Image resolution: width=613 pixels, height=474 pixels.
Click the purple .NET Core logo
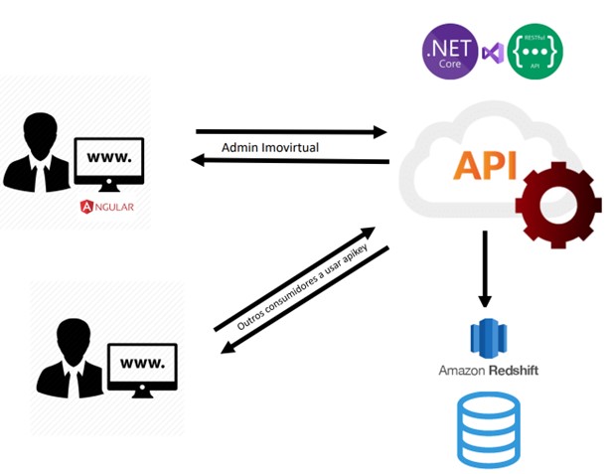pos(448,53)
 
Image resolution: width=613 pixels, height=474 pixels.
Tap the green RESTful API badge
pos(536,54)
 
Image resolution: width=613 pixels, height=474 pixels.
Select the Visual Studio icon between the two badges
pos(492,53)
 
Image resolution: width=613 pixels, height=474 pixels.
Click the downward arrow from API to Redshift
pos(485,268)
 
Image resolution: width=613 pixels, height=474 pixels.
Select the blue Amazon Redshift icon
pos(488,338)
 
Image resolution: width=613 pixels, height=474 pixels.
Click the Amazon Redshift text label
pos(488,371)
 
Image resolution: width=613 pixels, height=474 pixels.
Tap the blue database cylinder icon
pos(488,429)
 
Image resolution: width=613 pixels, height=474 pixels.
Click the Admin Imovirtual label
pos(270,147)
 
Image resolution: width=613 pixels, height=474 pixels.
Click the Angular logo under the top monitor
pos(106,207)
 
